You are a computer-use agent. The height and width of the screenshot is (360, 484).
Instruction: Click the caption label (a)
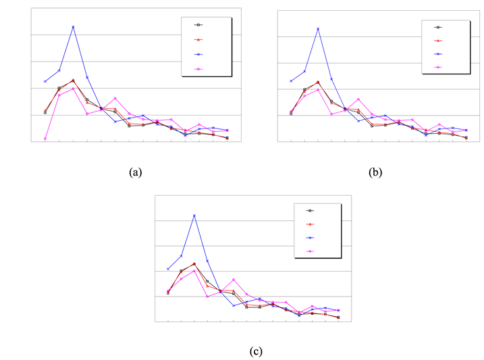click(135, 172)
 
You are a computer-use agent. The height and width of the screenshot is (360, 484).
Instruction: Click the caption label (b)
click(375, 172)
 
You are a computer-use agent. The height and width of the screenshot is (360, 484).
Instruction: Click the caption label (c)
click(255, 351)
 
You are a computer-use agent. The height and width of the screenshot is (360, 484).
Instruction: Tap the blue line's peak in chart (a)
click(73, 26)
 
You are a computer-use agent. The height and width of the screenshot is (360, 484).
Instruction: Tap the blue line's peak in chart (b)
click(318, 28)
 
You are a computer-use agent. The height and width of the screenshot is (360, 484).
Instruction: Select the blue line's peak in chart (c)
click(194, 215)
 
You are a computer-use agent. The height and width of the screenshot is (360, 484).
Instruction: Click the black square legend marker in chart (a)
click(198, 24)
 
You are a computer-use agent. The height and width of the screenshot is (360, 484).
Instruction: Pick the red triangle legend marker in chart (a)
click(198, 39)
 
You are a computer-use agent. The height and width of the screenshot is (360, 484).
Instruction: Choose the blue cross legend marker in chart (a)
click(198, 54)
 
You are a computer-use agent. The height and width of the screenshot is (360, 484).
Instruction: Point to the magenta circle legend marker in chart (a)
click(198, 69)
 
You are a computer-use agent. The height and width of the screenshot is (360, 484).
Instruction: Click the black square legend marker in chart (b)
click(437, 27)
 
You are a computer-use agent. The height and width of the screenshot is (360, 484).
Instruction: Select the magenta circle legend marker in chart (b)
click(437, 67)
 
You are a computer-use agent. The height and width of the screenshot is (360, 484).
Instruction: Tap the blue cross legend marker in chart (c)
click(311, 238)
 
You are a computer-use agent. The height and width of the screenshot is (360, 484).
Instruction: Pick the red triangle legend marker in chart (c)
click(311, 224)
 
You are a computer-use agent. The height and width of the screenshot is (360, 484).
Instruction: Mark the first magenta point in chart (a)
click(45, 138)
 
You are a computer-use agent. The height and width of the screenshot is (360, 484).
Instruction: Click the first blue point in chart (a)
click(45, 81)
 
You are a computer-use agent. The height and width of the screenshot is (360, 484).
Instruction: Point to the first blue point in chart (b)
click(291, 81)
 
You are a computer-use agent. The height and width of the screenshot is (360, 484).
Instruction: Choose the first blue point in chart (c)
click(168, 269)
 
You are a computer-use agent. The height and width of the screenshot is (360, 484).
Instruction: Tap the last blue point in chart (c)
click(338, 310)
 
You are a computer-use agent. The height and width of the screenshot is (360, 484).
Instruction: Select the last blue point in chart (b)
click(466, 130)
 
